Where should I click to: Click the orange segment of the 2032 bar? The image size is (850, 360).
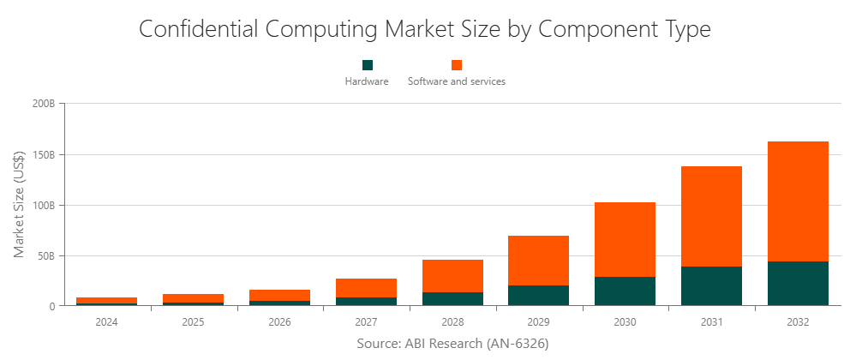pos(798,201)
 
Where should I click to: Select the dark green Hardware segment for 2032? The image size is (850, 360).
pos(798,284)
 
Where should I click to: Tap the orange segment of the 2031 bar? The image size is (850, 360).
pos(711,216)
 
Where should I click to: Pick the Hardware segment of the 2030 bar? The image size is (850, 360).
pos(625,291)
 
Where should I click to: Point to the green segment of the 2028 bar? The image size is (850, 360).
pos(452,299)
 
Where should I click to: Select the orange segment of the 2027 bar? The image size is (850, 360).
pos(366,288)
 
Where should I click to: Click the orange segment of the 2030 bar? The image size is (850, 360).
pos(625,239)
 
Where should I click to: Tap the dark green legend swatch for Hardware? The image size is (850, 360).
pos(368,65)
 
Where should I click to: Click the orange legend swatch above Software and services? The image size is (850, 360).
pos(457,65)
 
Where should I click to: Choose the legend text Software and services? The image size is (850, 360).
pos(457,82)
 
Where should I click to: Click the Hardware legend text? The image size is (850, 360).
pos(367,82)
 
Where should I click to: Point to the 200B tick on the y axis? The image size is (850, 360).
pos(44,105)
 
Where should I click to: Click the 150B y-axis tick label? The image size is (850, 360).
pos(44,155)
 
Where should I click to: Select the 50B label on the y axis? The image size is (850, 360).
pos(46,256)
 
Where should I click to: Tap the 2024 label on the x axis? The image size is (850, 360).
pos(107,322)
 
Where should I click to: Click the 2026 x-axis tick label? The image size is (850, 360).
pos(279,322)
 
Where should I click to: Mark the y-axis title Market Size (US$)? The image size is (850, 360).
pos(19,204)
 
